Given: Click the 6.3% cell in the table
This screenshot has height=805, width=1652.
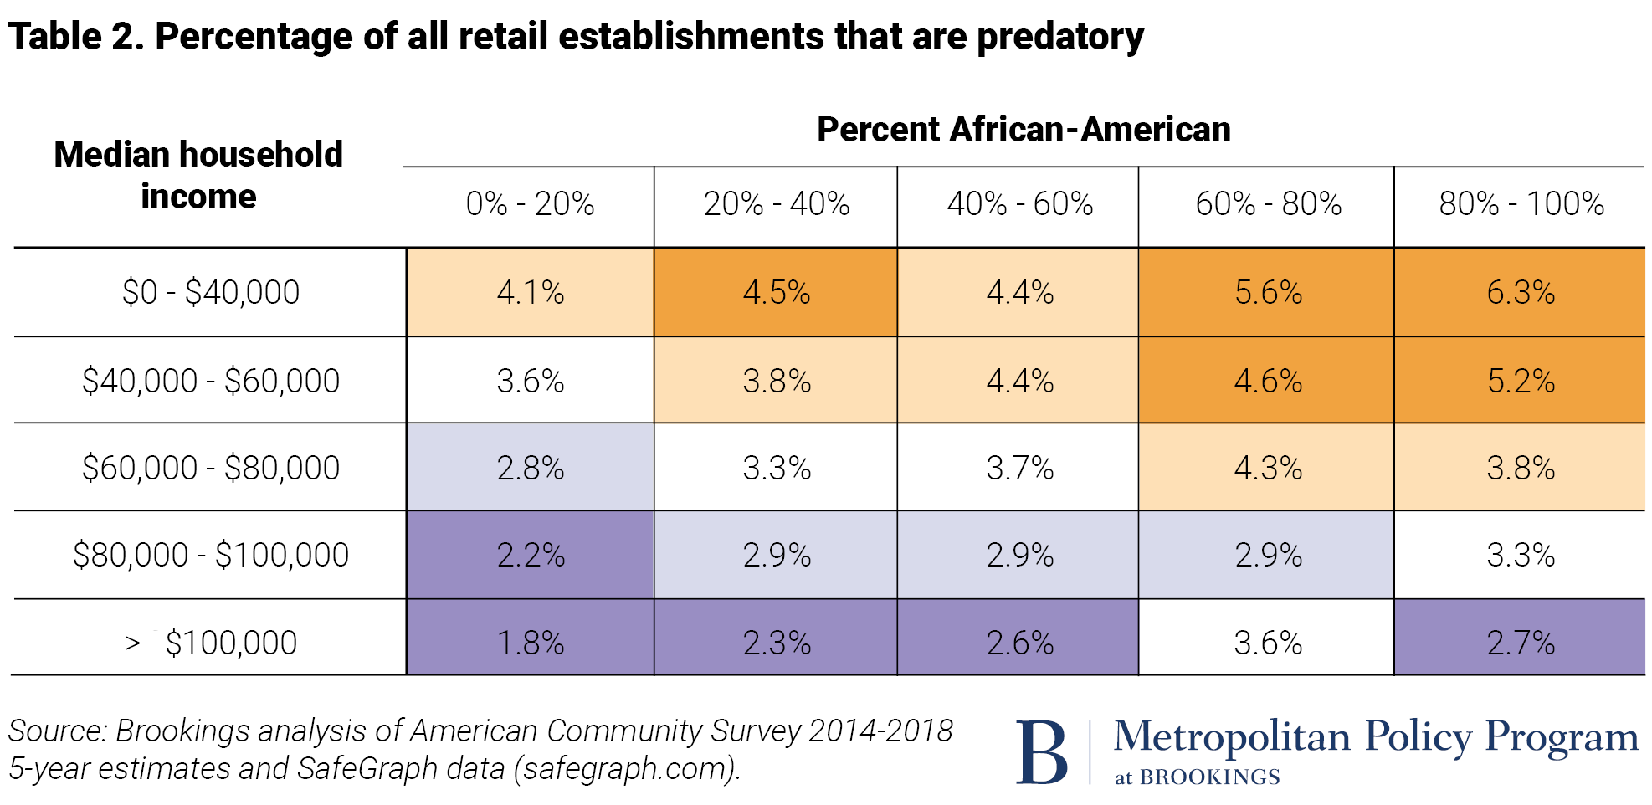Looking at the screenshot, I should (x=1520, y=292).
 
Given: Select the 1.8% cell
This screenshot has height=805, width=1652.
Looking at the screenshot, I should (x=531, y=643).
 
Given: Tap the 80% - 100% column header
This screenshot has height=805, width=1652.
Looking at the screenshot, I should (x=1521, y=203).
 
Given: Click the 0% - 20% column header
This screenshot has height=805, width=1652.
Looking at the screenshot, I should (x=530, y=203).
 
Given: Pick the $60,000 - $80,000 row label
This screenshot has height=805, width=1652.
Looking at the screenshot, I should (x=211, y=467).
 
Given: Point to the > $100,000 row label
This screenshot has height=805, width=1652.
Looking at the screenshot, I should (x=211, y=643).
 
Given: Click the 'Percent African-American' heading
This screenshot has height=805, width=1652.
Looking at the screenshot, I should (x=1023, y=130).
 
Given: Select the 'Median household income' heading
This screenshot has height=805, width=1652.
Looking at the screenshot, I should (x=198, y=175).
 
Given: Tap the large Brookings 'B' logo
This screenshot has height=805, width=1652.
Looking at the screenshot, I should (x=1041, y=752).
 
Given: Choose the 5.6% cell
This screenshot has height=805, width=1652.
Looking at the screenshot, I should (x=1268, y=292).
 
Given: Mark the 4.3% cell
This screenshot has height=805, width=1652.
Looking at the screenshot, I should (x=1268, y=467).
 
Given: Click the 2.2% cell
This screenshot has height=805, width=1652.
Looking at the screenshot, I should (x=531, y=555).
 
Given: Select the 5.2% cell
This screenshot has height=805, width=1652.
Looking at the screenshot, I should (x=1520, y=381).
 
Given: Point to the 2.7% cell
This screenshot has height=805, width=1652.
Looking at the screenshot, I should (x=1520, y=643).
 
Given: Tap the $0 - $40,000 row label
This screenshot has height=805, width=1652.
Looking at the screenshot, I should (x=211, y=292).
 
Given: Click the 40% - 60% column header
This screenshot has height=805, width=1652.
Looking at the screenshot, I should (x=1019, y=203).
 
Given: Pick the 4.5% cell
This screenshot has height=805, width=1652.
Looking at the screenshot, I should (x=776, y=292).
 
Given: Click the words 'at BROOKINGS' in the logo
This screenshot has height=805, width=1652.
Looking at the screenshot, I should (x=1197, y=777).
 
